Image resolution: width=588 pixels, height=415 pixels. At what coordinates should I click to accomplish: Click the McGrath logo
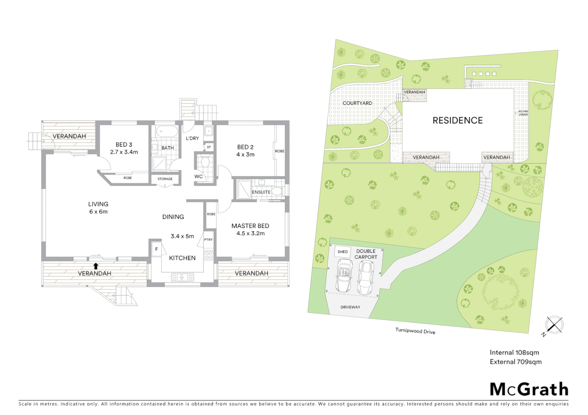point(529,389)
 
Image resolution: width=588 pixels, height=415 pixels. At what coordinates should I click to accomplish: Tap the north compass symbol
point(554,325)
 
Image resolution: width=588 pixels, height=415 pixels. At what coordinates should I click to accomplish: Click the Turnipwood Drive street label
point(415,331)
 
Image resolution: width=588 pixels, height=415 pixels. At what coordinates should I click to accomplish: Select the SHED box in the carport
point(342,252)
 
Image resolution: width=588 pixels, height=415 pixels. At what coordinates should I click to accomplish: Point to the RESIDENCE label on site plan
point(458,121)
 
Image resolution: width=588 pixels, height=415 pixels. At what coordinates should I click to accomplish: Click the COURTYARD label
point(357,103)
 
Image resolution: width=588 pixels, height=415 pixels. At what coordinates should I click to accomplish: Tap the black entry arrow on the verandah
point(95,266)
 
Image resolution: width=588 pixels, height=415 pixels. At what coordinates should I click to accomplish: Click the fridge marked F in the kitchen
point(156,249)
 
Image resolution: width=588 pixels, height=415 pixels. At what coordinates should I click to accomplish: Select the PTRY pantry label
point(208,240)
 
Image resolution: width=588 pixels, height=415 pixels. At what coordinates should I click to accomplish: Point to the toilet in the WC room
point(205,163)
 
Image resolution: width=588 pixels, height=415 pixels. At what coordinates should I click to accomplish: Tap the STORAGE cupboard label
point(165,179)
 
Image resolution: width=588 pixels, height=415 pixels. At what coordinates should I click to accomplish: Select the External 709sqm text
point(516,362)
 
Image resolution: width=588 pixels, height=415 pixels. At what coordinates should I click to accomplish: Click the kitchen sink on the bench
point(182,276)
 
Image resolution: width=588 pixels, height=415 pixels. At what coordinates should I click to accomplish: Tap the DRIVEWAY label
point(350,307)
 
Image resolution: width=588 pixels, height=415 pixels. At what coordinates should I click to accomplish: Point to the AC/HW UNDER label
point(523,113)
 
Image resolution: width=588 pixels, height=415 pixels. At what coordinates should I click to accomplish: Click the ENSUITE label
point(261,192)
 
